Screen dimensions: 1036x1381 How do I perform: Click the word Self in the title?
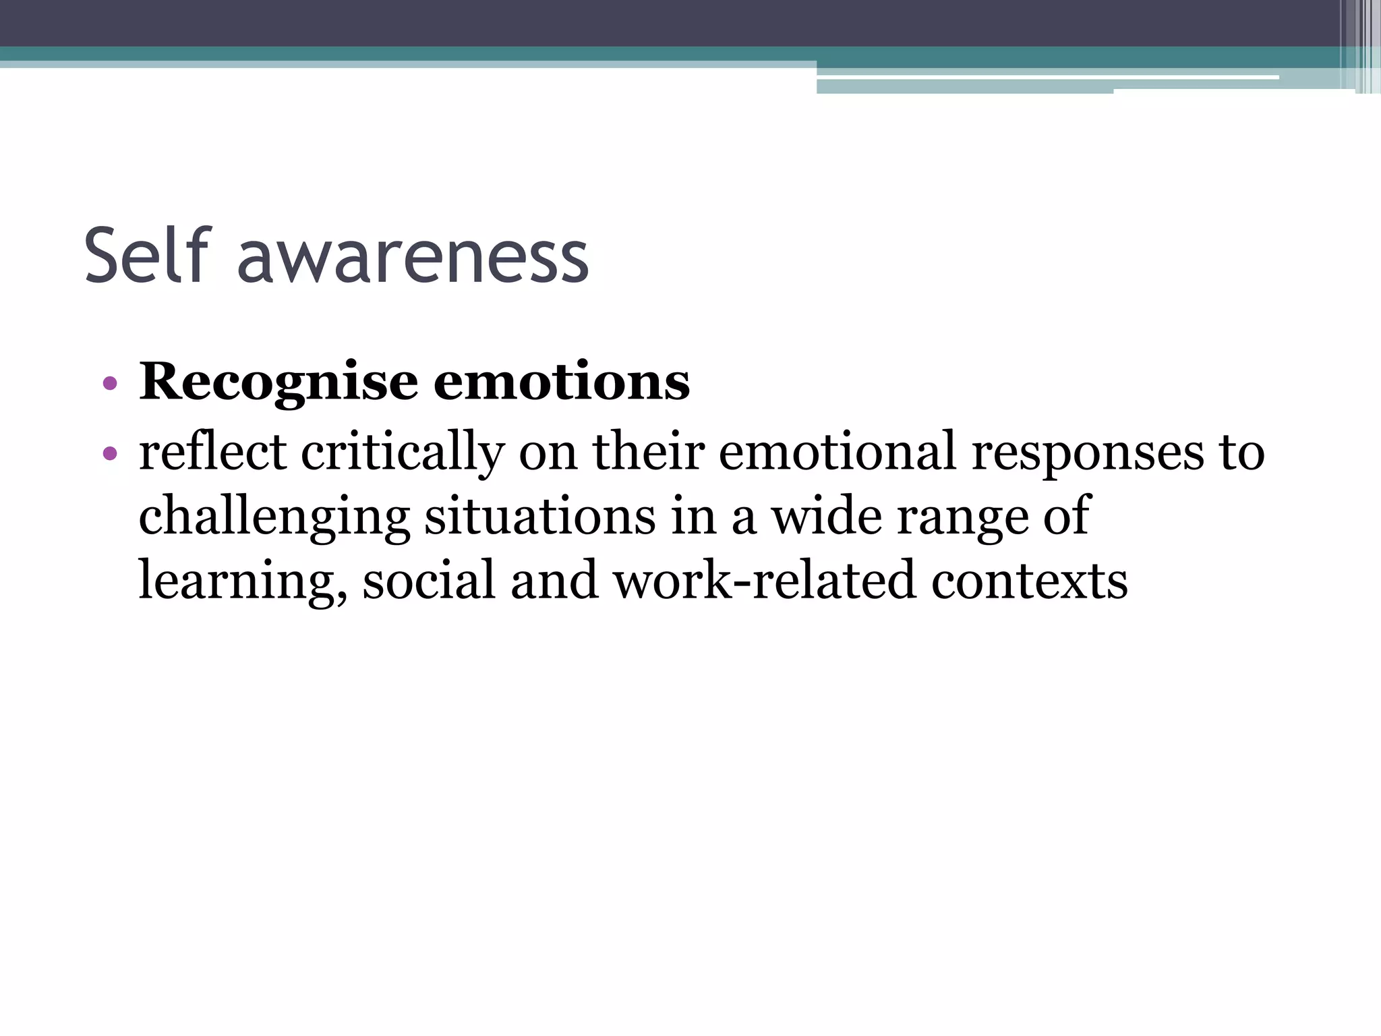148,256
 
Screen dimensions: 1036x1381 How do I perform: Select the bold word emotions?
562,382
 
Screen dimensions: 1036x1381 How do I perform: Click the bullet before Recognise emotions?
110,384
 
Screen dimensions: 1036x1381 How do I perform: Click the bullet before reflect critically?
110,453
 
